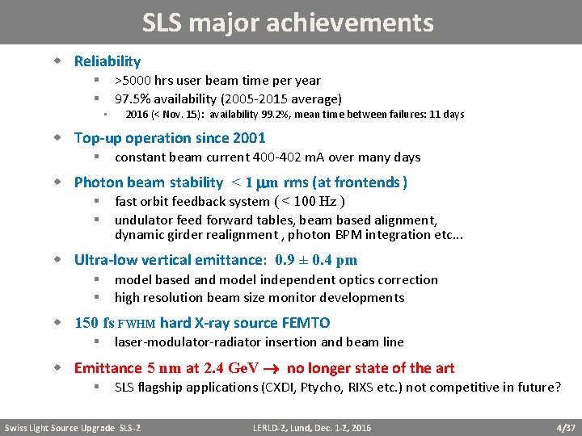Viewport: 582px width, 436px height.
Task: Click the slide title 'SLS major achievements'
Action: (288, 22)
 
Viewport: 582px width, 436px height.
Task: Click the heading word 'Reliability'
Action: (108, 61)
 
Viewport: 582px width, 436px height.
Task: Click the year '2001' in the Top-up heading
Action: (248, 138)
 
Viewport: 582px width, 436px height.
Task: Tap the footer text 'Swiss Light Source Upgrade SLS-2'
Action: (72, 427)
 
